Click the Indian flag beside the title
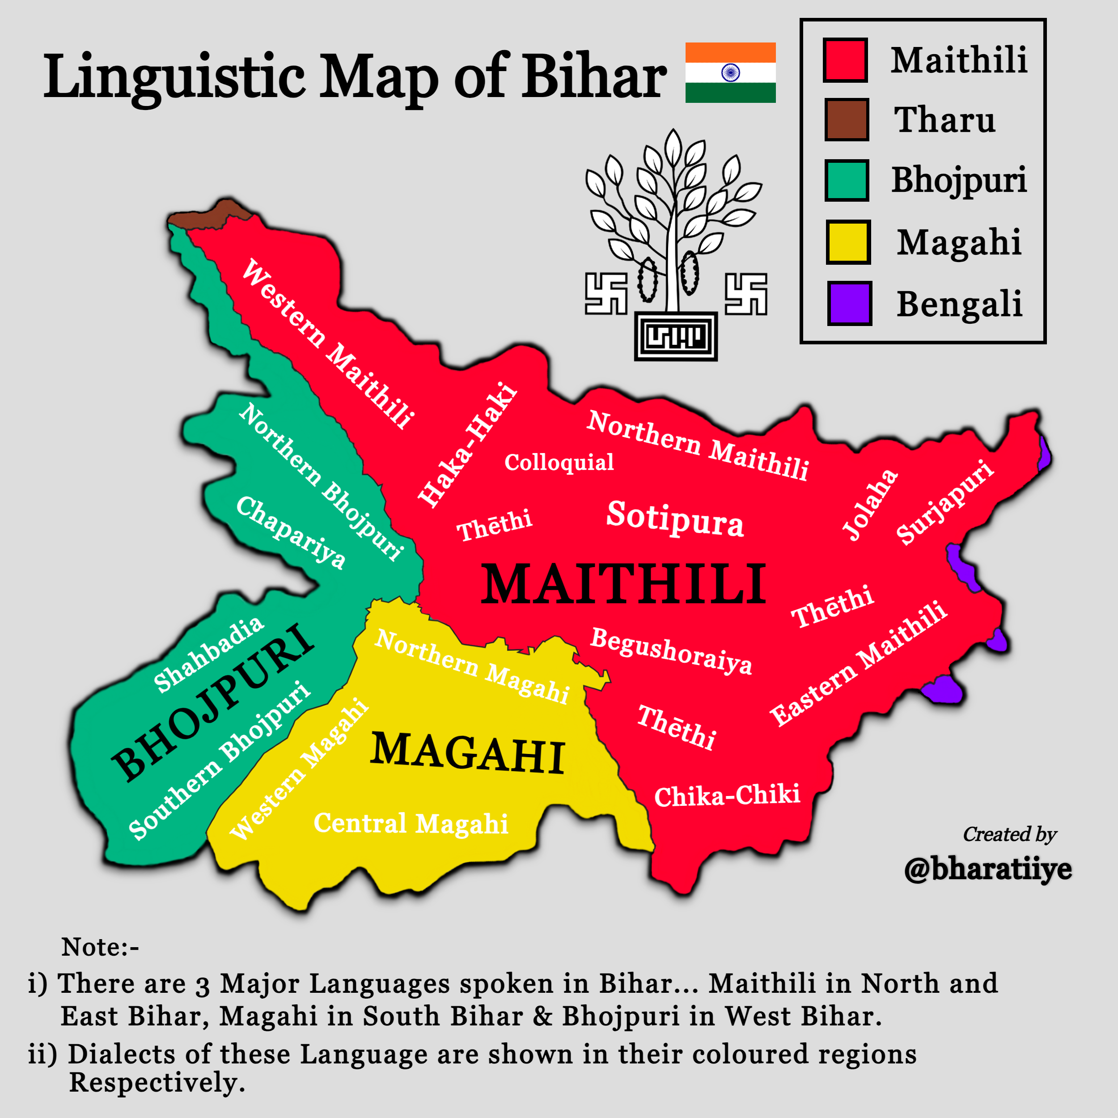pyautogui.click(x=730, y=72)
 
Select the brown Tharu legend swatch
pyautogui.click(x=847, y=120)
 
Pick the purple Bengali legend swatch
pyautogui.click(x=849, y=303)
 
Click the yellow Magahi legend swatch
pyautogui.click(x=848, y=242)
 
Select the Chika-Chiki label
pyautogui.click(x=727, y=796)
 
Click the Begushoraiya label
pyautogui.click(x=671, y=651)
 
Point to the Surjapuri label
pyautogui.click(x=944, y=502)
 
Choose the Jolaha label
pyautogui.click(x=870, y=504)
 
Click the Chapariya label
pyautogui.click(x=291, y=532)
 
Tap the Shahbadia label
pyautogui.click(x=208, y=654)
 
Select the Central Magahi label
pyautogui.click(x=411, y=823)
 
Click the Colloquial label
pyautogui.click(x=559, y=462)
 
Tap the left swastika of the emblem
pyautogui.click(x=606, y=294)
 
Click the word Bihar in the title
pyautogui.click(x=594, y=76)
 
